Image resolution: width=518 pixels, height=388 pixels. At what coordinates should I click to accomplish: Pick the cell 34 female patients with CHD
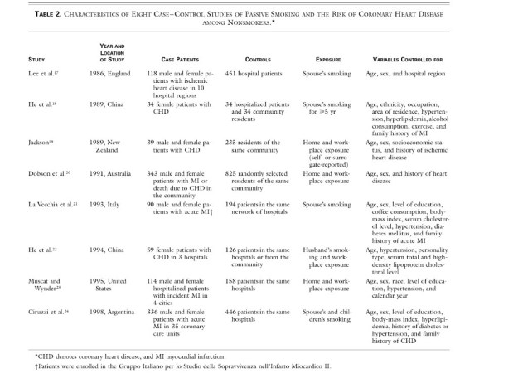(177, 106)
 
